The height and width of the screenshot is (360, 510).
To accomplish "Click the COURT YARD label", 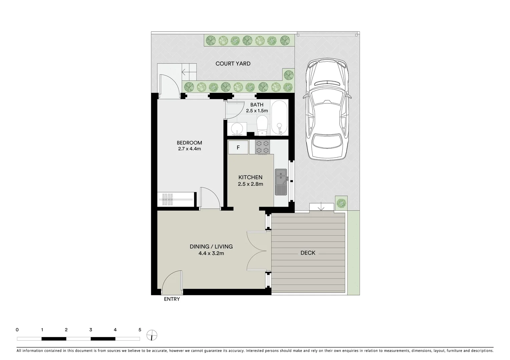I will tap(233, 64).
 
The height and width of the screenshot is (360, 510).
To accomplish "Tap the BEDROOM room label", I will tap(189, 143).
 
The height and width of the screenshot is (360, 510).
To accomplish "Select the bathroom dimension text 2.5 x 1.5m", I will tap(257, 111).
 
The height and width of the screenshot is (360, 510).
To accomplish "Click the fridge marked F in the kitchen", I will tap(238, 147).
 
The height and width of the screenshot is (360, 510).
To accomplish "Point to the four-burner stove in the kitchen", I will tap(262, 147).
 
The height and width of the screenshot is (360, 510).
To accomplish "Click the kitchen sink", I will tap(281, 182).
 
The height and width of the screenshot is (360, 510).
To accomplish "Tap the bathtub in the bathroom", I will tap(280, 118).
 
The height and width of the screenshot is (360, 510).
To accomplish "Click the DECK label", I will tap(308, 253).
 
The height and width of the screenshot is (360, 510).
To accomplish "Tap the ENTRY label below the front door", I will tap(172, 299).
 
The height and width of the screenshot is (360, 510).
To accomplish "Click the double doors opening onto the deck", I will tap(257, 251).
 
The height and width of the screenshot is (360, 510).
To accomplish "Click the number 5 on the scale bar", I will tap(140, 330).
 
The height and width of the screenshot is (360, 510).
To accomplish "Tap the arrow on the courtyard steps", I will tap(185, 71).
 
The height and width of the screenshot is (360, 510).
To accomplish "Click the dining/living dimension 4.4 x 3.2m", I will tap(211, 253).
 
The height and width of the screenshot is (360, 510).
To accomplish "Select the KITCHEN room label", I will tap(250, 177).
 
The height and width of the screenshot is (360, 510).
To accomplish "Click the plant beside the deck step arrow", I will tap(341, 203).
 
